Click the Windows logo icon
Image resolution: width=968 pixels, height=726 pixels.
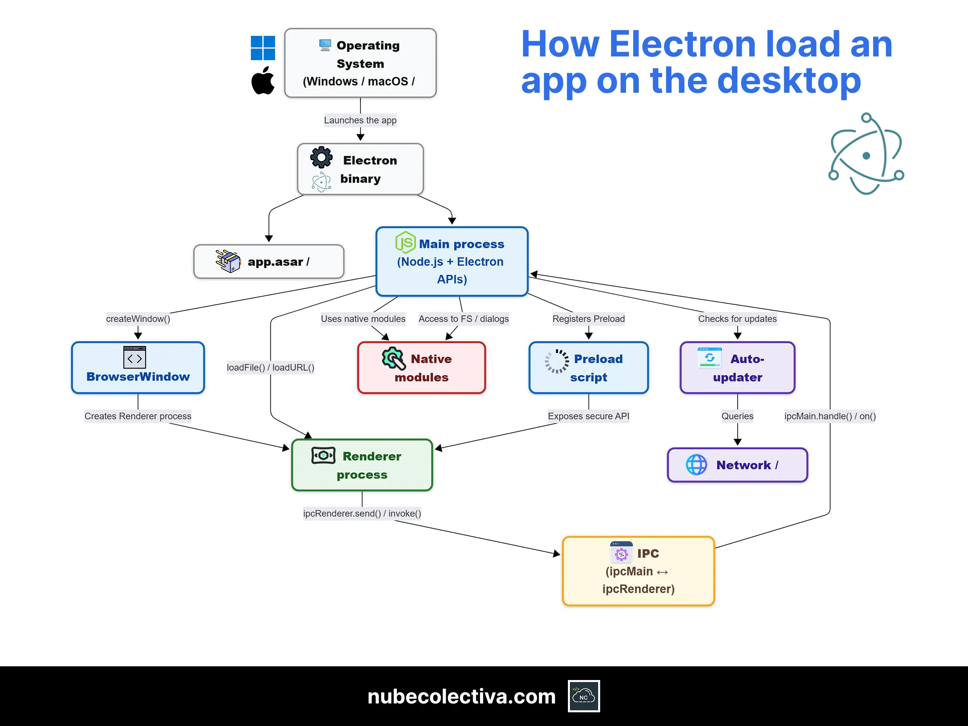click(x=263, y=48)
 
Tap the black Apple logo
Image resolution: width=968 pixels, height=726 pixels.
click(x=263, y=81)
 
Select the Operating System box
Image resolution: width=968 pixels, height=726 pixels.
click(x=360, y=63)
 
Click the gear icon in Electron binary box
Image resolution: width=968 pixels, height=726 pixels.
click(x=321, y=157)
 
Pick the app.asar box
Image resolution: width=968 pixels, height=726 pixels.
click(x=269, y=262)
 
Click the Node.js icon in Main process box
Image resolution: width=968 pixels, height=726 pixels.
click(x=405, y=242)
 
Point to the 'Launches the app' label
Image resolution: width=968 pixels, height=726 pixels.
click(x=360, y=120)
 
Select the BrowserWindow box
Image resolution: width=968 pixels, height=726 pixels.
click(x=138, y=367)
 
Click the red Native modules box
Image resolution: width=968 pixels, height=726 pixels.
click(x=421, y=367)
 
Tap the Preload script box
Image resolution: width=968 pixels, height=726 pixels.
click(x=588, y=367)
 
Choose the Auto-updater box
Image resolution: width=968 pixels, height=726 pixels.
click(x=737, y=367)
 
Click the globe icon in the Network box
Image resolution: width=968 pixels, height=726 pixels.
click(x=696, y=465)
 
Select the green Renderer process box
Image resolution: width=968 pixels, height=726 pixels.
click(x=362, y=465)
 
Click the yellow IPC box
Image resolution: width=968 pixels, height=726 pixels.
click(x=638, y=571)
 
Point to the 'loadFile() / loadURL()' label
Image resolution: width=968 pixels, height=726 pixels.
click(x=271, y=367)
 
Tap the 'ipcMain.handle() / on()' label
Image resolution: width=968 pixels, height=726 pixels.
click(x=830, y=416)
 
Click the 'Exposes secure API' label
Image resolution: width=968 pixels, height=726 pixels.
click(x=588, y=416)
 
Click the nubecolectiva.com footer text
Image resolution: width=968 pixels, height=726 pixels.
click(x=461, y=696)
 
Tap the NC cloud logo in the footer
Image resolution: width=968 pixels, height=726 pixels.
click(x=584, y=696)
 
